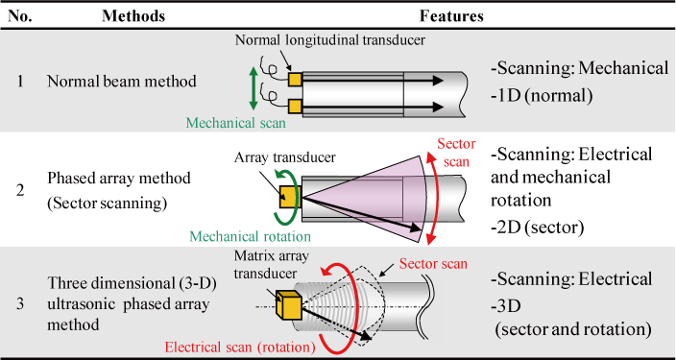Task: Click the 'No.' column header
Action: click(x=21, y=16)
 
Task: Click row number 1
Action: click(x=21, y=82)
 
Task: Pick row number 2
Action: click(x=21, y=188)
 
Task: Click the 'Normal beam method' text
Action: click(x=121, y=82)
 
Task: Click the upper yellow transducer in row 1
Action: click(x=295, y=78)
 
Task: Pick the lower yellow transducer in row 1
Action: click(x=295, y=105)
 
